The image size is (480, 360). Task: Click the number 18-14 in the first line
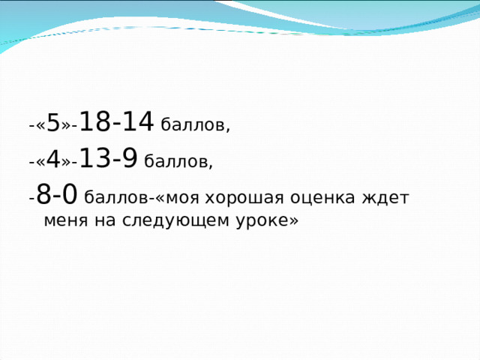(x=116, y=120)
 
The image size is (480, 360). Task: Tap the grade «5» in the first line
(x=52, y=122)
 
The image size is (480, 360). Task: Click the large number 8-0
(x=56, y=195)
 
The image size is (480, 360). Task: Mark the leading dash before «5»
(x=31, y=125)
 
